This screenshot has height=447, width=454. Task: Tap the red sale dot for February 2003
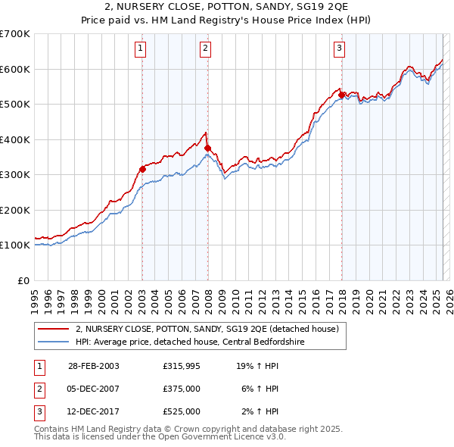(142, 169)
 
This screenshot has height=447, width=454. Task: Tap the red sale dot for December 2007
(207, 148)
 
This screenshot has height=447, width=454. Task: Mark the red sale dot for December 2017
(341, 95)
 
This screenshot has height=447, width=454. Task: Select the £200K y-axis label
(16, 210)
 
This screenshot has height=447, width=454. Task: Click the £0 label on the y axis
(23, 280)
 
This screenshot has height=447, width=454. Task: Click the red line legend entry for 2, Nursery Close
(211, 329)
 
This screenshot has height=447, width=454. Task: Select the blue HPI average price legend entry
(189, 342)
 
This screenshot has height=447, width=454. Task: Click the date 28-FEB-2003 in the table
(94, 366)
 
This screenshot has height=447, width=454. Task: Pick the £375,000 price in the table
(182, 389)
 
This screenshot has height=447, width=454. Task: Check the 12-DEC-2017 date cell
(94, 411)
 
